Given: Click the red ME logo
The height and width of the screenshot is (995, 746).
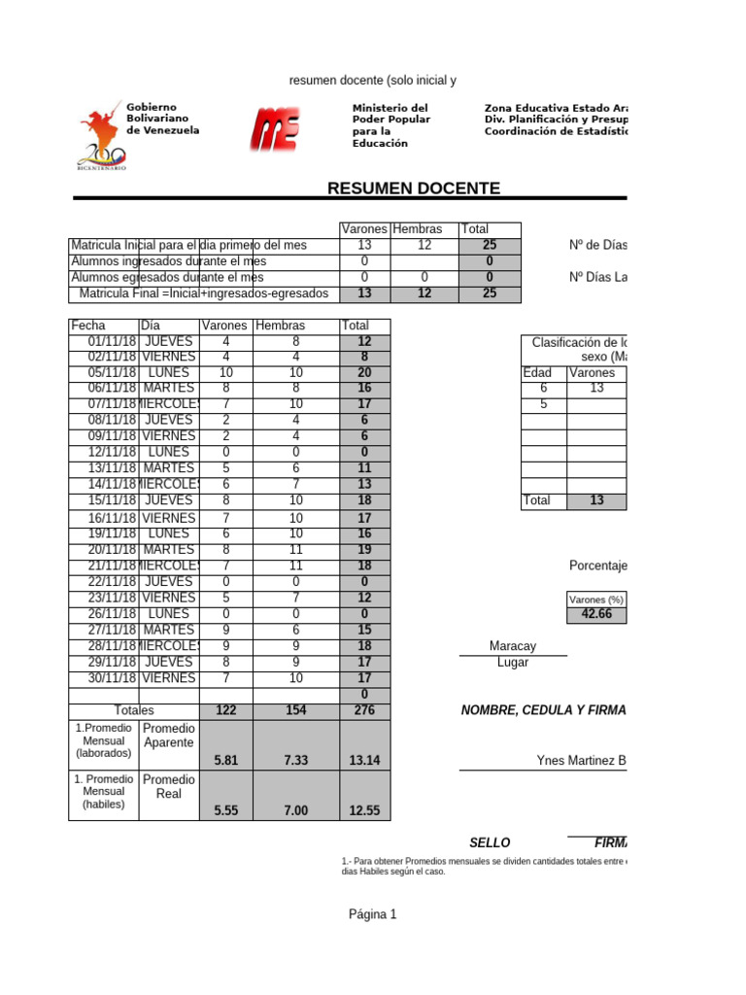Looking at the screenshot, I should (275, 128).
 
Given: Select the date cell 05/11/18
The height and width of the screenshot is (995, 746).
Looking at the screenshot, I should (104, 373).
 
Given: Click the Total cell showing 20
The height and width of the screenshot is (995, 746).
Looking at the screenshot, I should (364, 373).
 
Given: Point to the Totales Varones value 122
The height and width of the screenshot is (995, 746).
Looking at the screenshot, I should (225, 710).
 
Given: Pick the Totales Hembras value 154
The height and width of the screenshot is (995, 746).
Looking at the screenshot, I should (296, 710).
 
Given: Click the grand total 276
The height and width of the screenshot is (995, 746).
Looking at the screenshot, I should (364, 710).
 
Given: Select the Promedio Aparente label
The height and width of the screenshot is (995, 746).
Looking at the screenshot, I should (169, 736).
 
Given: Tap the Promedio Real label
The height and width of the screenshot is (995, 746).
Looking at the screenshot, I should (169, 786).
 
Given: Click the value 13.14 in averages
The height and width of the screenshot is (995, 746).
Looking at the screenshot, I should (364, 760).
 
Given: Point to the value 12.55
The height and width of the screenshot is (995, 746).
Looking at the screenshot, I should (364, 810).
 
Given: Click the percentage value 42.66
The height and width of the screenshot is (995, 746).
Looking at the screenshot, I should (596, 615).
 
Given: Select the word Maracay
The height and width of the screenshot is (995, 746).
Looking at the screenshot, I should (513, 646).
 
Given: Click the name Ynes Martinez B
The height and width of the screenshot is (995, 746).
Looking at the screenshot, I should (581, 760).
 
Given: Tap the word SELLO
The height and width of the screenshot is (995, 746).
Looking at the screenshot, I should (490, 842).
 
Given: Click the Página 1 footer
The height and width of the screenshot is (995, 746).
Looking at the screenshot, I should (373, 914).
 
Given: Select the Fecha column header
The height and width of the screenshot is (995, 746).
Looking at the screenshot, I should (87, 326).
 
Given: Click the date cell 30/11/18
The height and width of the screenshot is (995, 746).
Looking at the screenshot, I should (104, 678).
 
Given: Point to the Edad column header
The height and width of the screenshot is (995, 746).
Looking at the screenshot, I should (537, 373).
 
